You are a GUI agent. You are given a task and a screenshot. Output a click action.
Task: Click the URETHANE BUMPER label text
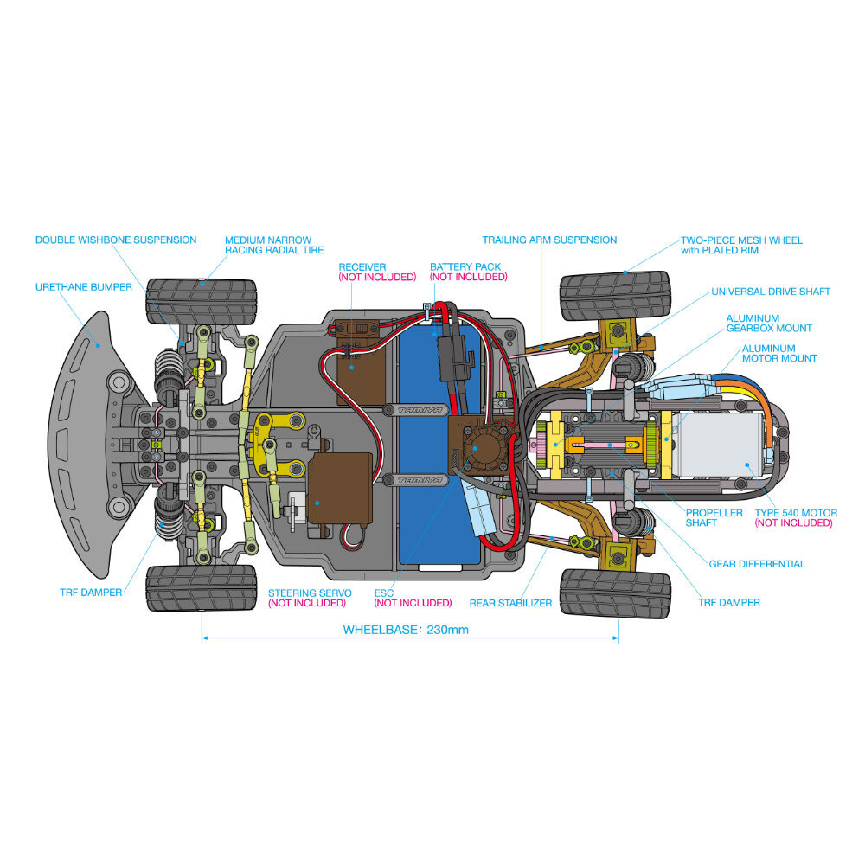tap(84, 286)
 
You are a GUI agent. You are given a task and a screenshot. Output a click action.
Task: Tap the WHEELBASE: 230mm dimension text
tap(406, 630)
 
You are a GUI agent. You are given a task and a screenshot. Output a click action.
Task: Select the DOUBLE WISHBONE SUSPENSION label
tap(116, 240)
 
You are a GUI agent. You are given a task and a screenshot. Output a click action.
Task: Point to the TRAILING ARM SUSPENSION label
tap(549, 240)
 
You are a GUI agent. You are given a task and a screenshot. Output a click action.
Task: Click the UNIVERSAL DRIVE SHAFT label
tap(770, 292)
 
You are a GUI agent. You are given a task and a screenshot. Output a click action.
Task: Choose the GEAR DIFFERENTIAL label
tap(757, 564)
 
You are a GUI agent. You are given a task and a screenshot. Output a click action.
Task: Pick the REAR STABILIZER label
tap(510, 603)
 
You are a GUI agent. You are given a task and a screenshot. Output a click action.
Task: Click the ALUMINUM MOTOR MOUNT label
tap(779, 353)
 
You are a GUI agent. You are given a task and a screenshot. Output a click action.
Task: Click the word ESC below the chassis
tap(383, 593)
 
